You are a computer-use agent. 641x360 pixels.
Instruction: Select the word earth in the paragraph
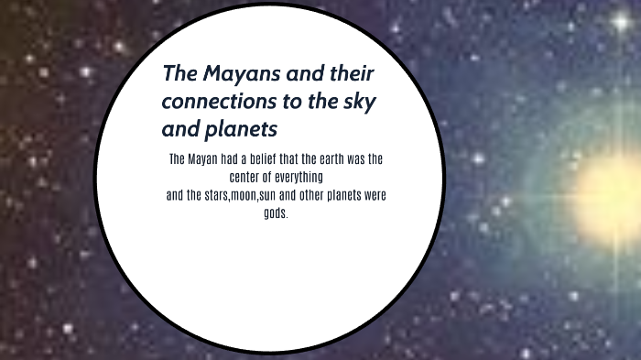336,158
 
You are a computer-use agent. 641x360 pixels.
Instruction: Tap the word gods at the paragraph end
274,213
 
